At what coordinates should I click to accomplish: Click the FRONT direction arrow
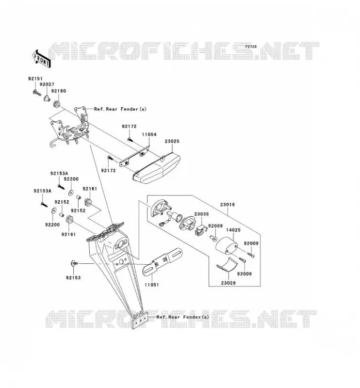[x=42, y=59]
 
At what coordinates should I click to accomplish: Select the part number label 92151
[x=35, y=79]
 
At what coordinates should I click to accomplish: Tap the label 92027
[x=47, y=84]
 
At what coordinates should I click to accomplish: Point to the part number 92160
[x=59, y=91]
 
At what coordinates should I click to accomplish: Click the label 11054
[x=149, y=135]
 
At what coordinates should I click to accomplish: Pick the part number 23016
[x=228, y=205]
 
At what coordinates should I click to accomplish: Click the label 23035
[x=201, y=214]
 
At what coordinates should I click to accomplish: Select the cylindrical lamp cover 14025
[x=226, y=245]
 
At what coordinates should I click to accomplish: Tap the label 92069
[x=215, y=226]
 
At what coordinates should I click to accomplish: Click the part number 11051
[x=151, y=285]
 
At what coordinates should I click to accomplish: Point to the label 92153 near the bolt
[x=73, y=277]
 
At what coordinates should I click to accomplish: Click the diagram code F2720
[x=251, y=47]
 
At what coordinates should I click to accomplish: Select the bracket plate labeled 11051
[x=163, y=261]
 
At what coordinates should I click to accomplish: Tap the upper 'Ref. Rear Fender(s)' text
[x=120, y=109]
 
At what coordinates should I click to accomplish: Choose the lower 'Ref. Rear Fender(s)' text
[x=183, y=317]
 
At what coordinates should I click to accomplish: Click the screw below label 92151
[x=37, y=93]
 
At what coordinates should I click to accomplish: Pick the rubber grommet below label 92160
[x=56, y=104]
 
